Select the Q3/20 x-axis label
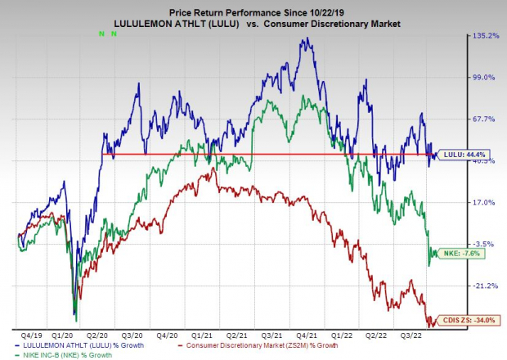click(x=132, y=335)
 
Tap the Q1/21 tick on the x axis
click(x=204, y=335)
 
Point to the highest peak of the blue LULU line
click(x=305, y=38)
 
